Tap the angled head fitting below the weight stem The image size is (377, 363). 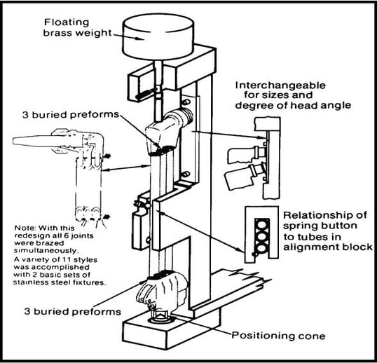[x=168, y=130]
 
